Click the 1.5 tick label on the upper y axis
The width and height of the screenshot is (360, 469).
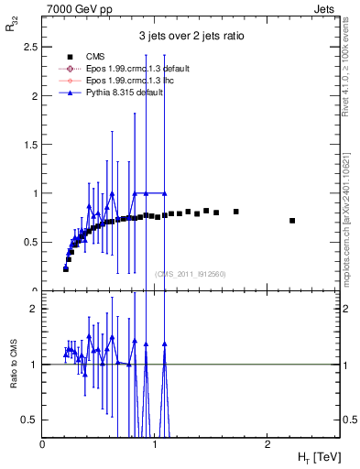tap(31, 145)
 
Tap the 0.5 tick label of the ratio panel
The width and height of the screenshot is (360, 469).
tap(31, 420)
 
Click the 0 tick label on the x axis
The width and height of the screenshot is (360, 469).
tap(43, 444)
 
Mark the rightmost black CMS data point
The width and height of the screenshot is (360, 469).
tap(292, 221)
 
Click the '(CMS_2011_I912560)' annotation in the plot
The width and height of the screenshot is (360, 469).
tap(191, 274)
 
